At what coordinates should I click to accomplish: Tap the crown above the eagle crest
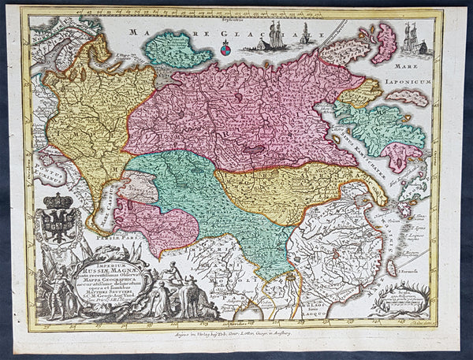(x=57, y=201)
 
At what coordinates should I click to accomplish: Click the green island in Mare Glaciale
(x=177, y=50)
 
